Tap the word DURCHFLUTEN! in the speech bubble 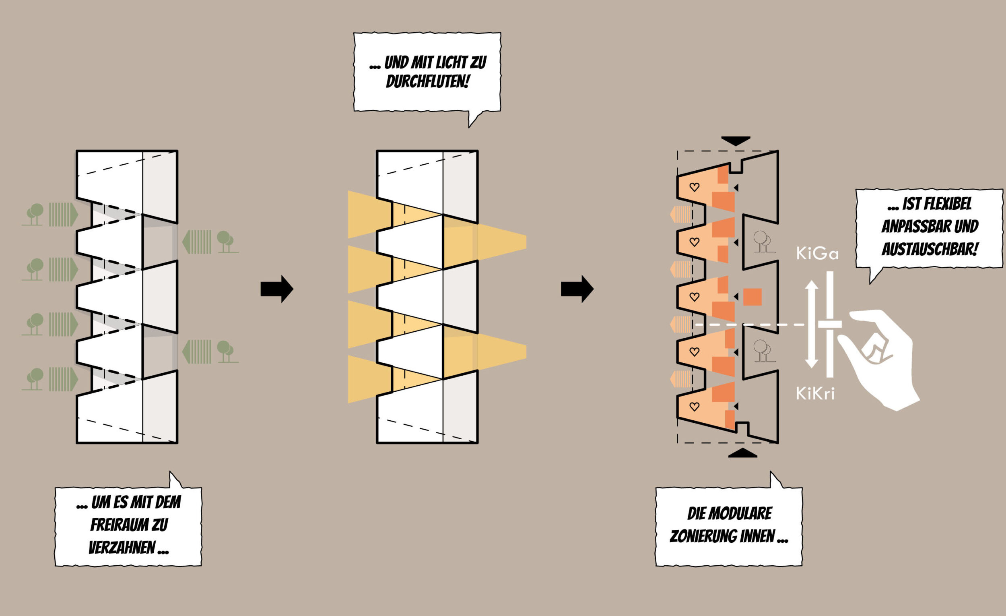tap(427, 82)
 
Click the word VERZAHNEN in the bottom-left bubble tap(122, 548)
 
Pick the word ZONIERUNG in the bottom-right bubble tap(722, 536)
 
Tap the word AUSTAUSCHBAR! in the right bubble tap(930, 249)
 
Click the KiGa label tap(817, 254)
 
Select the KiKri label tap(815, 394)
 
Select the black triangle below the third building tap(743, 453)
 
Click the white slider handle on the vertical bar tap(830, 325)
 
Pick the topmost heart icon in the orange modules tap(694, 187)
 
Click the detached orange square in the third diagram tap(752, 297)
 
